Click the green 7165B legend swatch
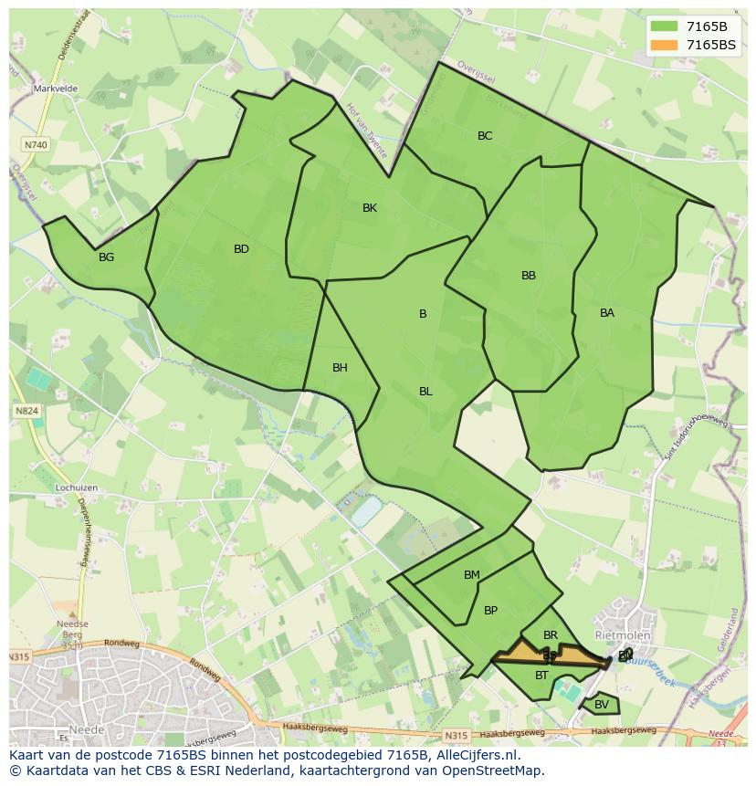(x=664, y=26)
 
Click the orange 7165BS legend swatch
(x=664, y=45)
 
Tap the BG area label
(x=106, y=257)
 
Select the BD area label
(x=241, y=249)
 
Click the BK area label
(x=370, y=208)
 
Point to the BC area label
(x=485, y=136)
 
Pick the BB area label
(x=529, y=276)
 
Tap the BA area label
(x=607, y=313)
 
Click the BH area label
(x=340, y=368)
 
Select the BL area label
(x=425, y=392)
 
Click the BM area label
(x=471, y=575)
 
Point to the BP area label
(x=490, y=611)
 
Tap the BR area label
(x=551, y=635)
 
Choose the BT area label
(x=542, y=676)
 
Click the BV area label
(x=602, y=705)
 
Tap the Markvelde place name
(x=56, y=89)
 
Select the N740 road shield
(x=36, y=145)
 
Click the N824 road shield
(x=26, y=411)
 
